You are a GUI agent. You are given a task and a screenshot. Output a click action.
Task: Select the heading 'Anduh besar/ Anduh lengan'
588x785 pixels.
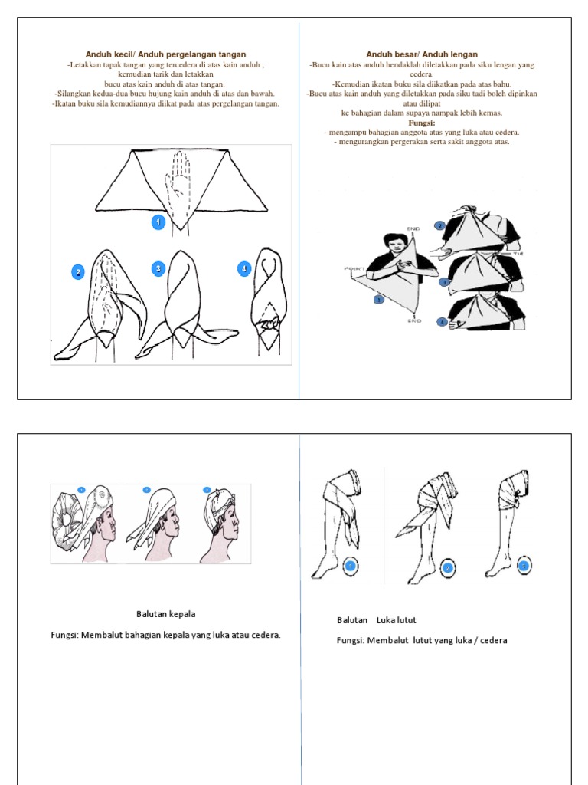pyautogui.click(x=422, y=54)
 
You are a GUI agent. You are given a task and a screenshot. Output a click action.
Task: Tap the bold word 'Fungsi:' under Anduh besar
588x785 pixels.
pyautogui.click(x=422, y=123)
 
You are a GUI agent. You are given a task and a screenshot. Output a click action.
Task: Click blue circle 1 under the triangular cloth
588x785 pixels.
pyautogui.click(x=158, y=222)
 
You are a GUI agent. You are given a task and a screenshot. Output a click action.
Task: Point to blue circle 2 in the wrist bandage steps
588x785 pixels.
pyautogui.click(x=77, y=272)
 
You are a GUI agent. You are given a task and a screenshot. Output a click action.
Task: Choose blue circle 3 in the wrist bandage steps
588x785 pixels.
pyautogui.click(x=158, y=268)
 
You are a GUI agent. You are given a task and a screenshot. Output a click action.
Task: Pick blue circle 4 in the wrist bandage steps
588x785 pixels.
pyautogui.click(x=244, y=268)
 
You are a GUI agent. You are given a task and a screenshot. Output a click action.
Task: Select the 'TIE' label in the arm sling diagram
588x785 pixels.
pyautogui.click(x=518, y=251)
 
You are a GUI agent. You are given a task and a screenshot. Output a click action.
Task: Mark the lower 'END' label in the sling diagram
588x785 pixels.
pyautogui.click(x=414, y=323)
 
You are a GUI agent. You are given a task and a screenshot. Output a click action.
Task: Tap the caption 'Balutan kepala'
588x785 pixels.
pyautogui.click(x=160, y=614)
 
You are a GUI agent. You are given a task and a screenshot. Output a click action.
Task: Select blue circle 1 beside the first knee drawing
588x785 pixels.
pyautogui.click(x=350, y=567)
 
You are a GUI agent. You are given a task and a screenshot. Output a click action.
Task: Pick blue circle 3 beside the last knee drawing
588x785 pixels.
pyautogui.click(x=524, y=567)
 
